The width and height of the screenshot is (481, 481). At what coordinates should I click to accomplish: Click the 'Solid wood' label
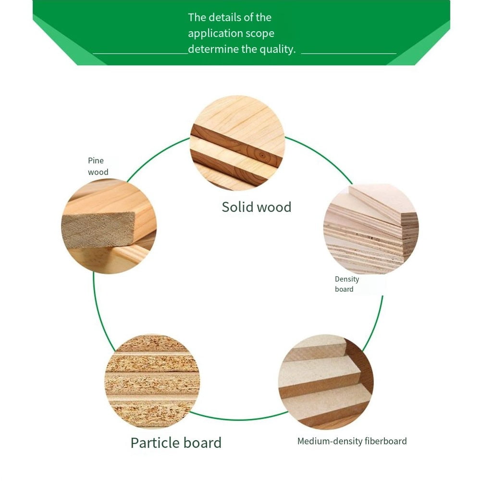pyautogui.click(x=257, y=207)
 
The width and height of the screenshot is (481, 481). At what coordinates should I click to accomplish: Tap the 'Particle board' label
pyautogui.click(x=176, y=443)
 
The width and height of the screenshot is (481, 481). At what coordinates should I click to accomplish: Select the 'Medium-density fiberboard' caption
pyautogui.click(x=352, y=441)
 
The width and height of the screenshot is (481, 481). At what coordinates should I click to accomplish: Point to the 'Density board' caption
pyautogui.click(x=347, y=284)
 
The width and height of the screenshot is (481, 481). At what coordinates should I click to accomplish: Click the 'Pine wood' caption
pyautogui.click(x=98, y=166)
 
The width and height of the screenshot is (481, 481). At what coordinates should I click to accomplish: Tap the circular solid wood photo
pyautogui.click(x=237, y=143)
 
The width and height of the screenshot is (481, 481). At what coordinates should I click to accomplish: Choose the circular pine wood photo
pyautogui.click(x=109, y=226)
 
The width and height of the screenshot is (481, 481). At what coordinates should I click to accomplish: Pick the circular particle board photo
pyautogui.click(x=152, y=382)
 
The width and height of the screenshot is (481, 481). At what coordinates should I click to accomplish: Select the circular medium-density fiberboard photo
pyautogui.click(x=326, y=382)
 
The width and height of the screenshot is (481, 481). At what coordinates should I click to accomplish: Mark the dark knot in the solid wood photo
pyautogui.click(x=262, y=156)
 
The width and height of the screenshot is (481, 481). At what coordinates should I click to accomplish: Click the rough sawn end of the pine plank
pyautogui.click(x=98, y=230)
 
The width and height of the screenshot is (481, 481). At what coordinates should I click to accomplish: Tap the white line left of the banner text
pyautogui.click(x=140, y=54)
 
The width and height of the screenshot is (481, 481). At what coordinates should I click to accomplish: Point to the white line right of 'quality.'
pyautogui.click(x=349, y=53)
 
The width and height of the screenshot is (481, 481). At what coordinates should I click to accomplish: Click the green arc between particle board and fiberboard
pyautogui.click(x=239, y=419)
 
